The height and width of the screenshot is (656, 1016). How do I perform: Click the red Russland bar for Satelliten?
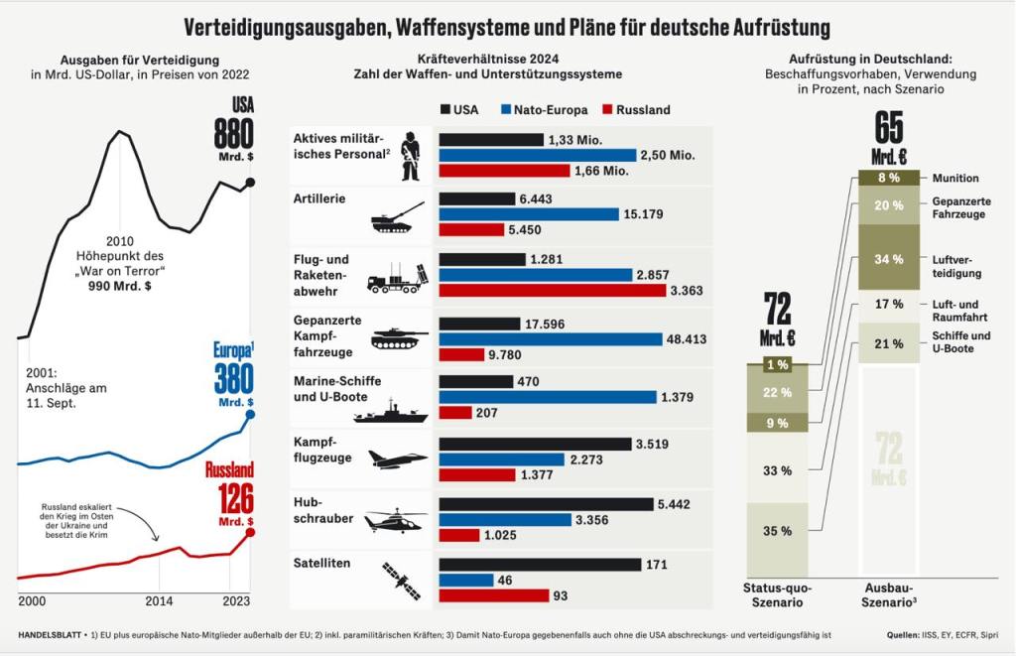[494, 595]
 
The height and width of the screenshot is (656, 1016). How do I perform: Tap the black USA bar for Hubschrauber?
[545, 503]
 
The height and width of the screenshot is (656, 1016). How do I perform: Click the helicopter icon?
[395, 520]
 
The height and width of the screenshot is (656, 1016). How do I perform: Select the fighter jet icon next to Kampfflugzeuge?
[397, 459]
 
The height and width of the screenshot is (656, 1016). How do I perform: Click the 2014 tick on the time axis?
[159, 601]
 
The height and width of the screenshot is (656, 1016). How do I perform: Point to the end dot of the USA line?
[250, 182]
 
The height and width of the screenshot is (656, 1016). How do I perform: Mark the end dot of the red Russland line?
[250, 532]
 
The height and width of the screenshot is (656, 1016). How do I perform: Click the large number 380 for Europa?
[234, 379]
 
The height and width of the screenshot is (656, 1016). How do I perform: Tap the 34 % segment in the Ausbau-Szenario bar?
[888, 258]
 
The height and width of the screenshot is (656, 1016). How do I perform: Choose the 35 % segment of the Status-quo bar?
[778, 530]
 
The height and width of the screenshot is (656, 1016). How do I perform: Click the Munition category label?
[955, 178]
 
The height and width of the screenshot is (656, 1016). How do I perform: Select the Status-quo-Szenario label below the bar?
[779, 595]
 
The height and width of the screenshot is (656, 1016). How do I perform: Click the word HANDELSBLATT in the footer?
[50, 633]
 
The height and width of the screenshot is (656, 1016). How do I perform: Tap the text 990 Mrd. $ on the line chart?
[119, 285]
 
